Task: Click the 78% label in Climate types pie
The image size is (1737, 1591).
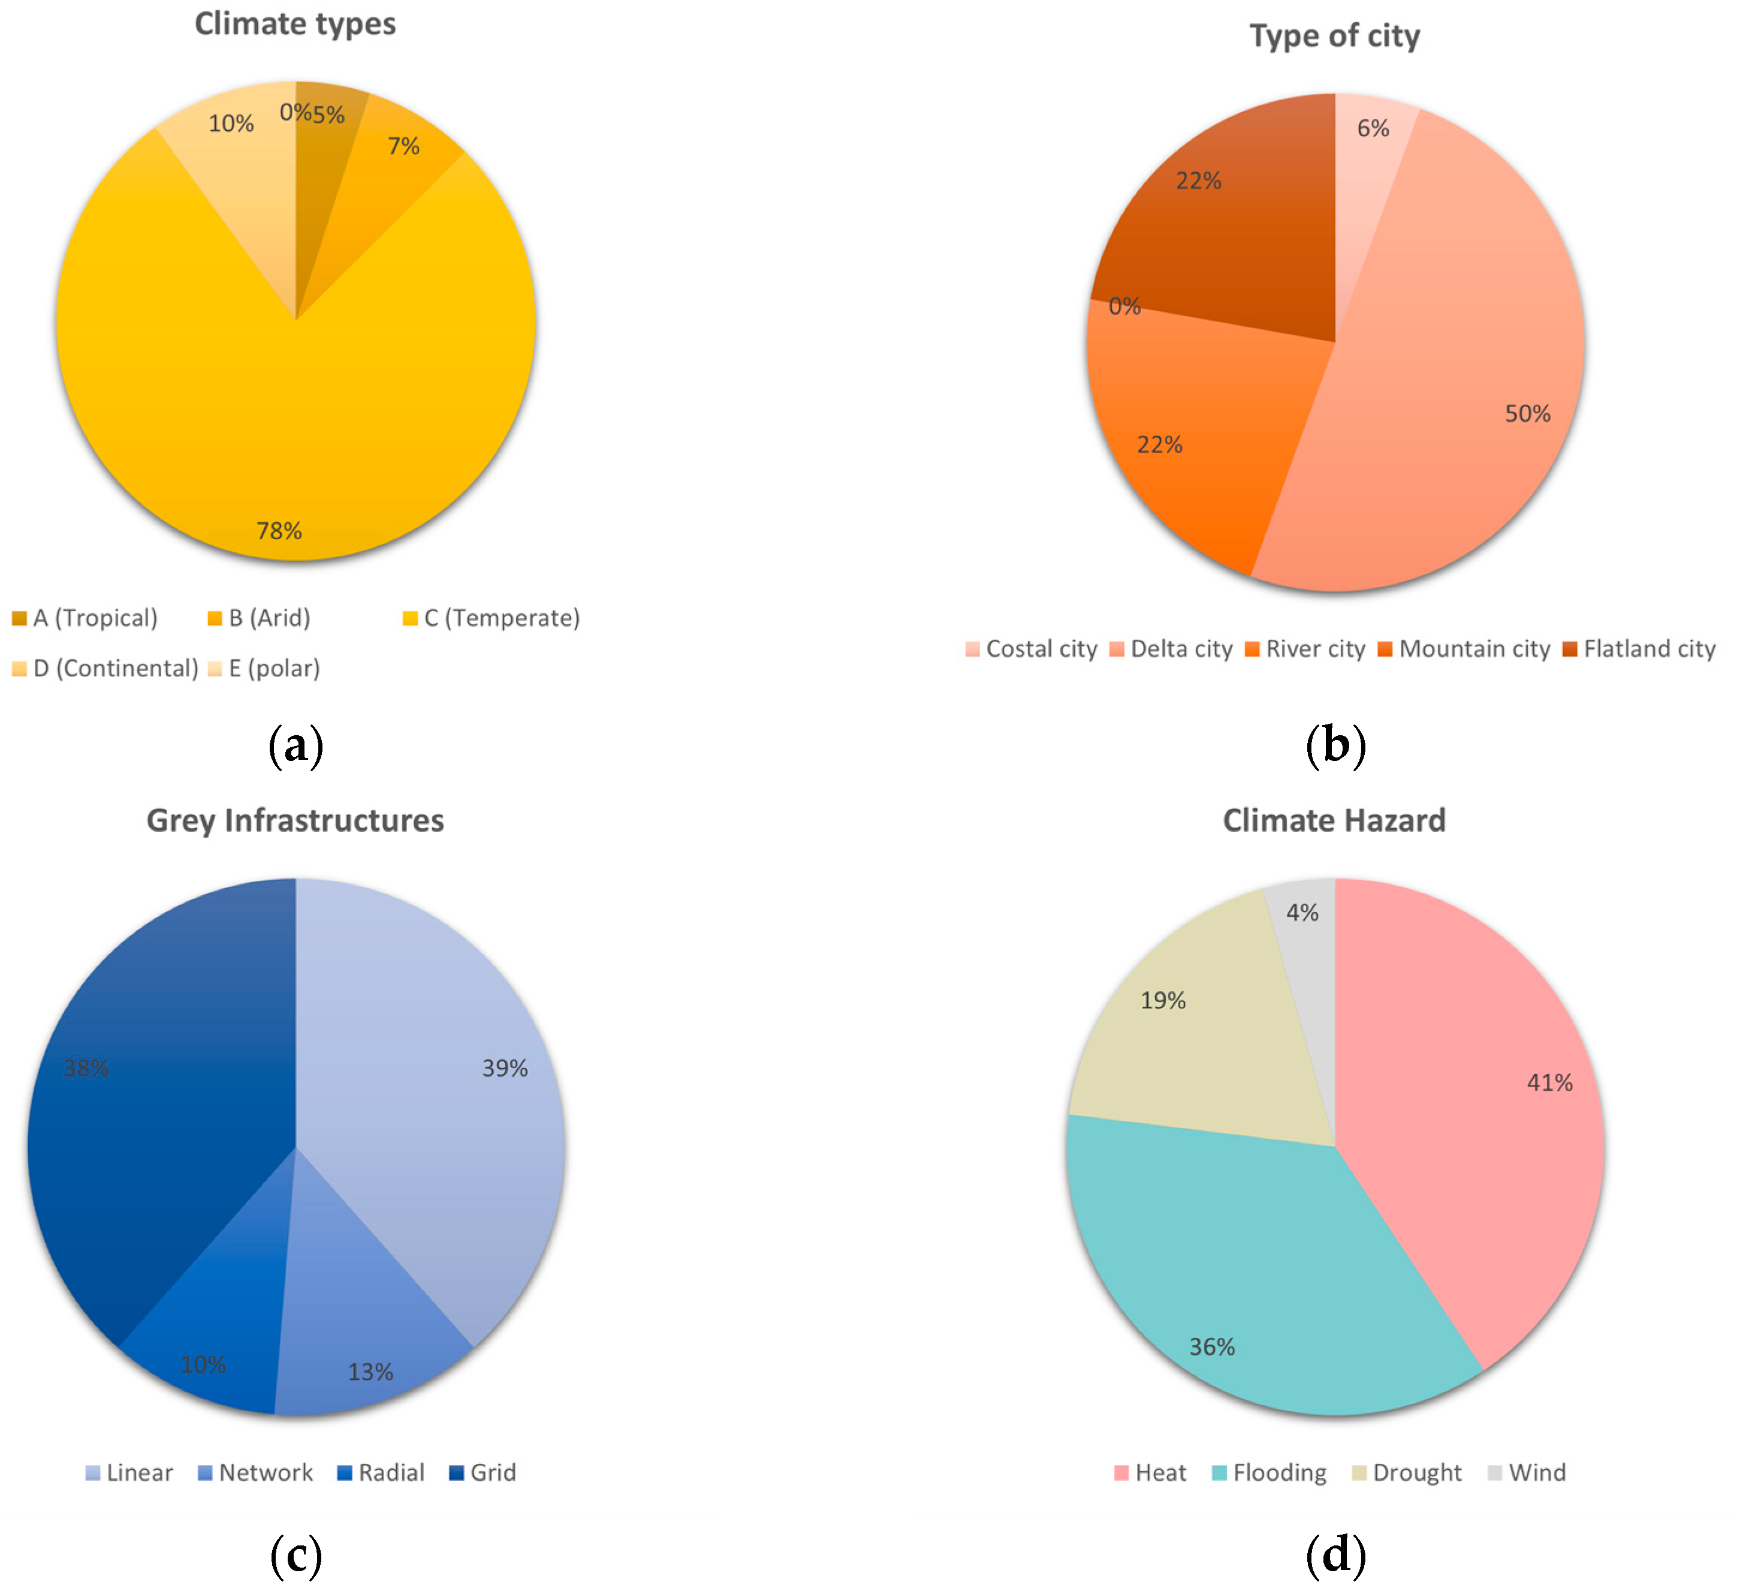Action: pos(279,531)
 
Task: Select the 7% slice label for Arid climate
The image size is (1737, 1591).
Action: pos(403,146)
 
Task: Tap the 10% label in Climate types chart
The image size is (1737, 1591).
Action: pos(231,124)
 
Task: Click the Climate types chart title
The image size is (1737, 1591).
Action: pos(295,24)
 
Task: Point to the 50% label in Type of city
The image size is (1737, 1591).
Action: pos(1528,414)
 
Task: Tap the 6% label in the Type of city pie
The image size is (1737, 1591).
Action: pos(1373,128)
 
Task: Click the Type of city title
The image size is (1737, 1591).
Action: pos(1335,36)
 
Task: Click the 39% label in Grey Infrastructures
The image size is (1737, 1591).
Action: pos(505,1069)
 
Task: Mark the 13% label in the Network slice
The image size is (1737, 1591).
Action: pos(370,1372)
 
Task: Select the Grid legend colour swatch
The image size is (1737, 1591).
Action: pos(457,1473)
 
